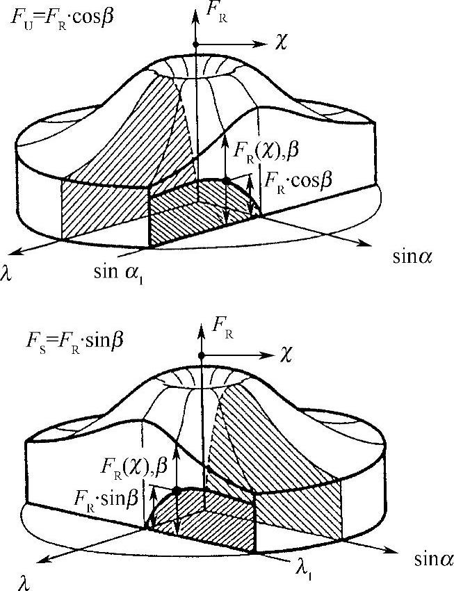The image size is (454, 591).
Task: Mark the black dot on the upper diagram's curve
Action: (x=226, y=180)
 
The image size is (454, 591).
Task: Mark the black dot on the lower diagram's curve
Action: (x=176, y=490)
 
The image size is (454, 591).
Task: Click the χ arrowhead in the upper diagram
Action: (x=263, y=44)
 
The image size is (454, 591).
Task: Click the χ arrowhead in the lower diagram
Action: (x=268, y=355)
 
